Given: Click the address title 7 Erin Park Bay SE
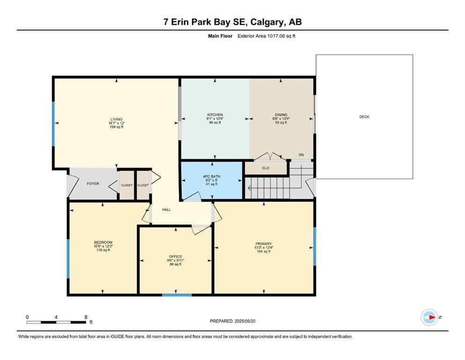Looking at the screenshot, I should tap(232, 22).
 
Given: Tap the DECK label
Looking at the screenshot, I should tap(364, 117).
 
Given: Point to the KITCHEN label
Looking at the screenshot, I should tap(215, 115).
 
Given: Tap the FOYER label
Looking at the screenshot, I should tap(93, 184).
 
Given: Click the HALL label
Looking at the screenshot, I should tap(166, 210).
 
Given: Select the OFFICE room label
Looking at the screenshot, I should tap(175, 256).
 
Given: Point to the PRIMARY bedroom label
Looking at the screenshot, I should tap(264, 244).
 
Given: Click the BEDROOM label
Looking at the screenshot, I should tap(103, 242).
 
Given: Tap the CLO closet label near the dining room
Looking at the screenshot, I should tap(266, 168).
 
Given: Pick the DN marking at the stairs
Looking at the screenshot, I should tap(301, 155).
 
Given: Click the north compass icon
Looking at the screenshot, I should tap(429, 317).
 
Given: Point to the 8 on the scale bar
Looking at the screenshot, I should tap(86, 317).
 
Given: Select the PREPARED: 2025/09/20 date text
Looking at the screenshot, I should tap(233, 321).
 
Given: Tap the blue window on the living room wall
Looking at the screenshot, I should tap(53, 123).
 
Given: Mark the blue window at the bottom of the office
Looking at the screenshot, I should tap(177, 295).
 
